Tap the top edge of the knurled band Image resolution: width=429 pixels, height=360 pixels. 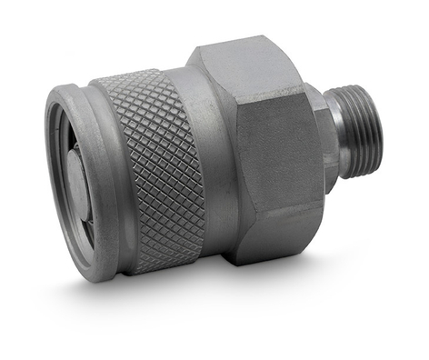point(136,75)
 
